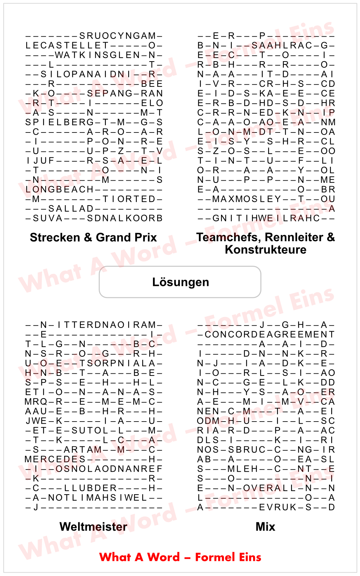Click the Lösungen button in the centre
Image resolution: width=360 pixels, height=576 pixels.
tap(180, 282)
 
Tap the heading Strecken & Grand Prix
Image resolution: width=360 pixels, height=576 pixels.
tap(93, 238)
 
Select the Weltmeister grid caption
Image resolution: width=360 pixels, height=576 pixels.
tap(93, 527)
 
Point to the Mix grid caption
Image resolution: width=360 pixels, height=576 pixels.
tap(265, 527)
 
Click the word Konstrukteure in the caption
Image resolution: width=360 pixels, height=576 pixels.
tap(265, 249)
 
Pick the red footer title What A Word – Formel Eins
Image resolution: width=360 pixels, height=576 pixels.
tap(180, 557)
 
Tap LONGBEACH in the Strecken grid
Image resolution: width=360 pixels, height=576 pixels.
tap(59, 190)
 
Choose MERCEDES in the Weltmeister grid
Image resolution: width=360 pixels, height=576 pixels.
tap(55, 459)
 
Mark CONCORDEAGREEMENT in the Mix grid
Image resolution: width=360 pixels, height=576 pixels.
tap(270, 334)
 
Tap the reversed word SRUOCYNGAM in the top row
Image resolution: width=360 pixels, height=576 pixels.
tap(117, 36)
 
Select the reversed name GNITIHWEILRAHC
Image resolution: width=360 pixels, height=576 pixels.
tap(266, 218)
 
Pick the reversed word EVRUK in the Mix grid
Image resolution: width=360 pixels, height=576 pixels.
tap(278, 508)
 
